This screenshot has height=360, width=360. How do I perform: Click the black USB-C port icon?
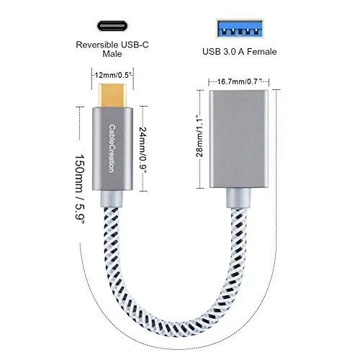[x=112, y=26]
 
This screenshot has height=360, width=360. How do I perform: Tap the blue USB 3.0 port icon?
[x=240, y=29]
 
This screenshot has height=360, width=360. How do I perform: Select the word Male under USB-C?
[x=112, y=53]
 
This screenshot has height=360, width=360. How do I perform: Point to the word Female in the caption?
[x=262, y=52]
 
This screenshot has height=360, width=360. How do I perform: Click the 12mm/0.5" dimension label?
[x=112, y=75]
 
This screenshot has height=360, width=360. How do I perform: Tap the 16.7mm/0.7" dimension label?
[x=239, y=81]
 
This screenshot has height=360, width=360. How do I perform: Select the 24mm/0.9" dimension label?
[x=143, y=150]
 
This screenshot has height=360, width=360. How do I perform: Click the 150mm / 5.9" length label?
[x=80, y=189]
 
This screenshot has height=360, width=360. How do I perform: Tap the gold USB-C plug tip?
[x=112, y=95]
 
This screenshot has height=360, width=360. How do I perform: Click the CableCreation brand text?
[x=112, y=148]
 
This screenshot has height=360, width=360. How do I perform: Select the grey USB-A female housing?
[x=239, y=139]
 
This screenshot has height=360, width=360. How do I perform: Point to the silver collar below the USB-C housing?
[x=112, y=199]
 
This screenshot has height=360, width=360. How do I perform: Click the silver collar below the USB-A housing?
[x=238, y=198]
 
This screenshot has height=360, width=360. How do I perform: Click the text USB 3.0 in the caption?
[x=219, y=52]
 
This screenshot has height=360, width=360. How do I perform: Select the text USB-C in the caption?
[x=135, y=45]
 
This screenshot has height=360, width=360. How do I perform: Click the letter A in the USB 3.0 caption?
[x=241, y=52]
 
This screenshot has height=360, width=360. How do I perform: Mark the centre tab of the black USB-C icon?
[x=112, y=26]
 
